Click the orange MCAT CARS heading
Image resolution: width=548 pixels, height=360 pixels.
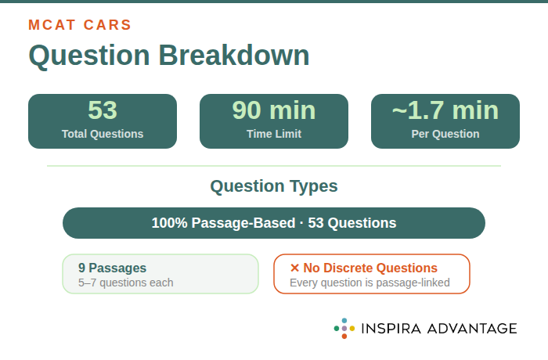point(80,24)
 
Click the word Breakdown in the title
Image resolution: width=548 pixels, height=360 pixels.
point(234,56)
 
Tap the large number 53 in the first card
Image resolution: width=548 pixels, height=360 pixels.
point(102,110)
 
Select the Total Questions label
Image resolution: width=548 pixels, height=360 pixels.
point(103,134)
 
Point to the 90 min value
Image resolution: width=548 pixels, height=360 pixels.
point(273,110)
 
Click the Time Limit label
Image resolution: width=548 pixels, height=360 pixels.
point(273,134)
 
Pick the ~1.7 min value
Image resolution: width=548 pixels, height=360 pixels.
point(445,110)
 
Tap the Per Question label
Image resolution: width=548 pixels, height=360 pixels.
point(445,134)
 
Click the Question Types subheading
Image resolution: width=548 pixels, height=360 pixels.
point(274,186)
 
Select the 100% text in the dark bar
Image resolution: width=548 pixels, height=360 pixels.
point(168,223)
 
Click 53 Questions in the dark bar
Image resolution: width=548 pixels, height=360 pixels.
point(352,223)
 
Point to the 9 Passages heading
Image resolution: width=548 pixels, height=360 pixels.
point(112,268)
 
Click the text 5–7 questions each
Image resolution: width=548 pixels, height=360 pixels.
point(125,283)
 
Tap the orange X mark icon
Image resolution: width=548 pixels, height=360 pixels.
point(294,268)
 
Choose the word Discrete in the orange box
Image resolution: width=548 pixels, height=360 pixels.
point(353,268)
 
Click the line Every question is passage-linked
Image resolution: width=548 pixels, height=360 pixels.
point(370,283)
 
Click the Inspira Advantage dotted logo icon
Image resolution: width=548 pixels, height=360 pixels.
point(344,328)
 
